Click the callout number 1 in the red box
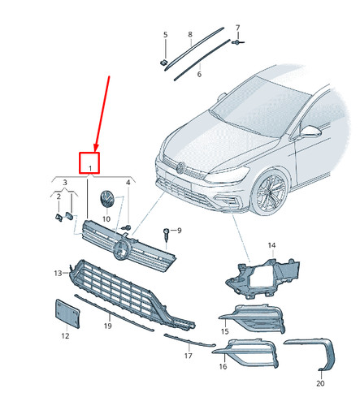[x=90, y=169]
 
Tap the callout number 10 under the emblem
[x=106, y=218]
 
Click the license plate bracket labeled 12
[x=67, y=313]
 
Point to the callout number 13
[x=58, y=273]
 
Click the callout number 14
[x=271, y=245]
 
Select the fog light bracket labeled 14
[x=262, y=279]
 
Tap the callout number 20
[x=320, y=383]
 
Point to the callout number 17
[x=188, y=356]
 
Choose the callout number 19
[x=108, y=326]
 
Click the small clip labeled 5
[x=163, y=63]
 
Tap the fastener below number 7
[x=238, y=42]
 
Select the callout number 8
[x=190, y=34]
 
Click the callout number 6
[x=199, y=74]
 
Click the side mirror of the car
[x=310, y=132]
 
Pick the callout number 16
[x=223, y=366]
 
